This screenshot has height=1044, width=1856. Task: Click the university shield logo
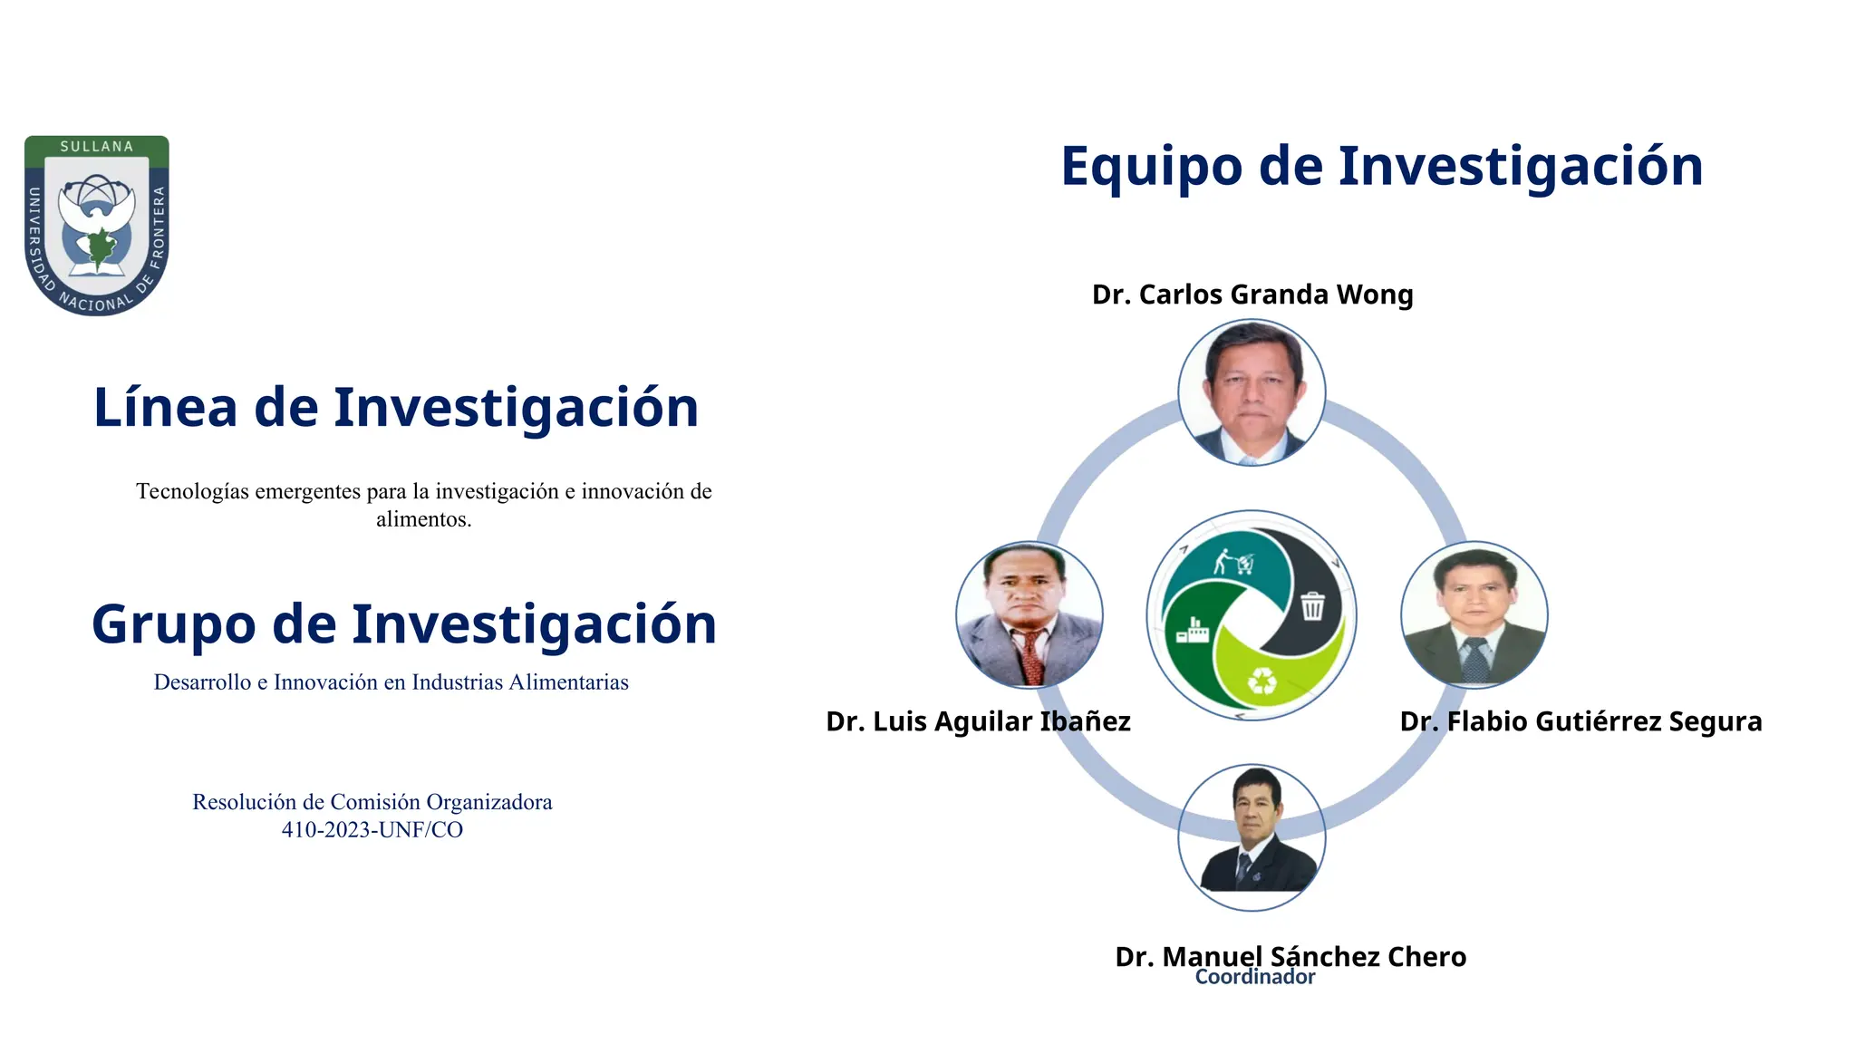pos(96,226)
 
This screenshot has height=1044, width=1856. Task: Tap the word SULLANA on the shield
pos(96,147)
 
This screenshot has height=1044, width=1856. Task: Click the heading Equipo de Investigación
pos(1381,167)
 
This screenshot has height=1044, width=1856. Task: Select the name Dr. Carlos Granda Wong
pos(1252,295)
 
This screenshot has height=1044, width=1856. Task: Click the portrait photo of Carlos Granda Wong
pos(1252,392)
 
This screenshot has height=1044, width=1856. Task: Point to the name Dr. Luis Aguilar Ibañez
pos(978,721)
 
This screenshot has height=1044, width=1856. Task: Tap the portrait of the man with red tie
pos(1029,615)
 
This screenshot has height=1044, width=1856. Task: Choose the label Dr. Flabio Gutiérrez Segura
pos(1580,721)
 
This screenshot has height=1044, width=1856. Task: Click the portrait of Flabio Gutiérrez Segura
pos(1474,615)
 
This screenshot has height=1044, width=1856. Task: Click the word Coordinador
pos(1254,978)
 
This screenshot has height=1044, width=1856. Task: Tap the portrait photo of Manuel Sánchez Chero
pos(1252,837)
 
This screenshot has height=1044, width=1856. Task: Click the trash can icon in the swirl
pos(1312,605)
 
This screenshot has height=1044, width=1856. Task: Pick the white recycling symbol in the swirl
pos(1261,681)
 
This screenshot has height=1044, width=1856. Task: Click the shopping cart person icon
pos(1234,562)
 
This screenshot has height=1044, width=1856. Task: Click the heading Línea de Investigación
pos(396,408)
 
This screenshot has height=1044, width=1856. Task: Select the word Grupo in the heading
pos(173,625)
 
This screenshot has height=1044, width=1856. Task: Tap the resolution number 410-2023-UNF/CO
pos(372,830)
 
